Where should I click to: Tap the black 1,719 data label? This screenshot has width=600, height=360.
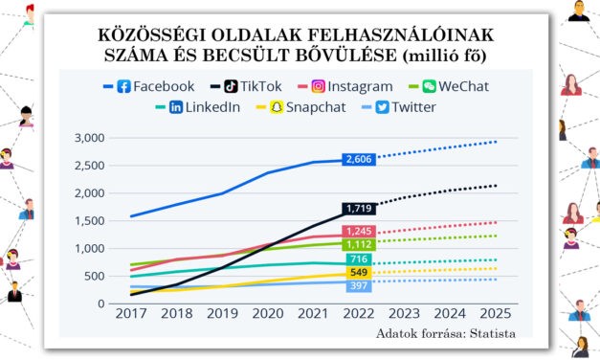359,208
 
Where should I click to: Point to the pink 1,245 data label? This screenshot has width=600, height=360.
359,232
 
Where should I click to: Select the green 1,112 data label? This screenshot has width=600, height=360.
359,245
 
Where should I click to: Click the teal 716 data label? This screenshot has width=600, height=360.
359,259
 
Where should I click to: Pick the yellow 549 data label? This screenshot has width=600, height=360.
359,274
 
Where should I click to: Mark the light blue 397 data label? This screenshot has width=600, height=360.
359,286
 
